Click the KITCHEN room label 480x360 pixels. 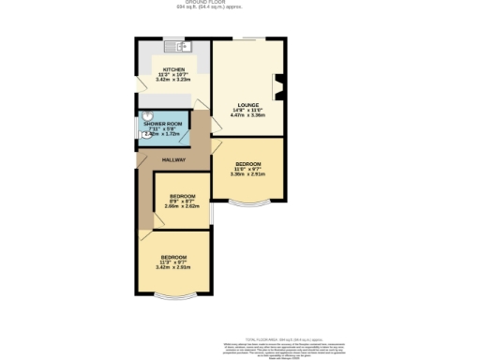point(173,69)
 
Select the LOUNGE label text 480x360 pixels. point(248,105)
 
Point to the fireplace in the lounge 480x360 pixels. point(277,88)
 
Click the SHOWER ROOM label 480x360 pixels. point(162,124)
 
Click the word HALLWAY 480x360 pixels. point(173,160)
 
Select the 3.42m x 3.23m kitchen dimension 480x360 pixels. point(173,81)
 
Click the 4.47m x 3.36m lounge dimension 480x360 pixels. point(248,116)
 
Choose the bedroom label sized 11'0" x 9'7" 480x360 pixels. point(247,164)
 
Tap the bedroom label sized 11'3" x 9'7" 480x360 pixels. point(172,257)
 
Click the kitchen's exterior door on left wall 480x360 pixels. point(138,82)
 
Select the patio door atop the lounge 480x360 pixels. point(247,38)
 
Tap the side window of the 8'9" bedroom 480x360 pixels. point(211,215)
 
